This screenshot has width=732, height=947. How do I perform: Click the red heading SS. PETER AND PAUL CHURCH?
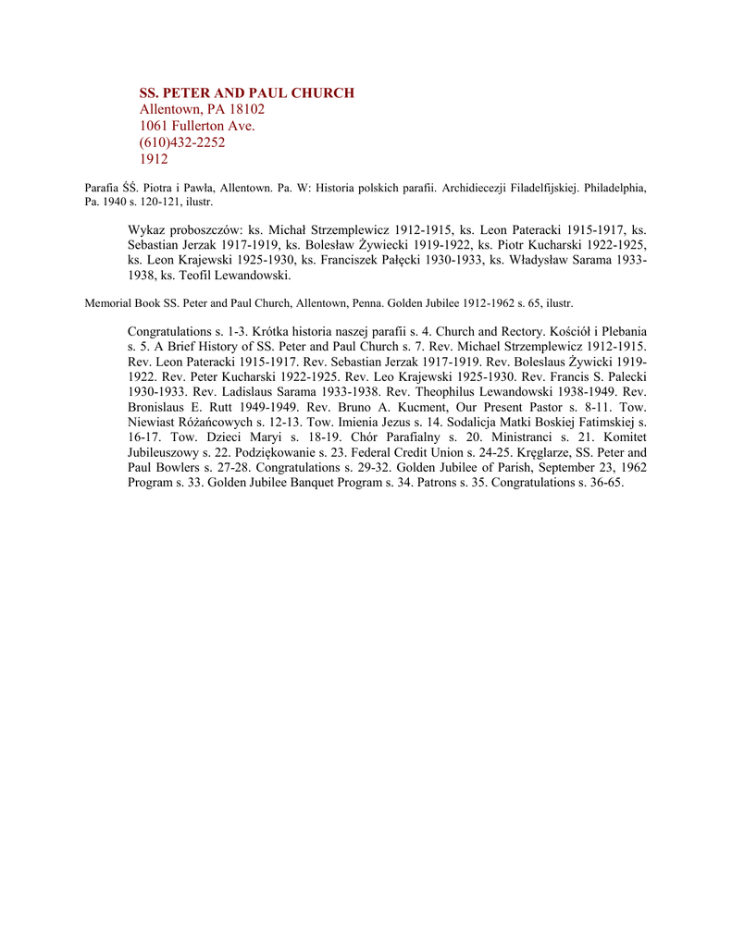click(x=246, y=92)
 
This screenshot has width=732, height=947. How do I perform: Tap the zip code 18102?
click(x=245, y=109)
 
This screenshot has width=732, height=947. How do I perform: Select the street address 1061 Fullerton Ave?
click(x=197, y=126)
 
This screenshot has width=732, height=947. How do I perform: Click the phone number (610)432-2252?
click(x=182, y=142)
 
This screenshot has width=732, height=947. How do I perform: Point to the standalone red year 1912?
click(x=154, y=159)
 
